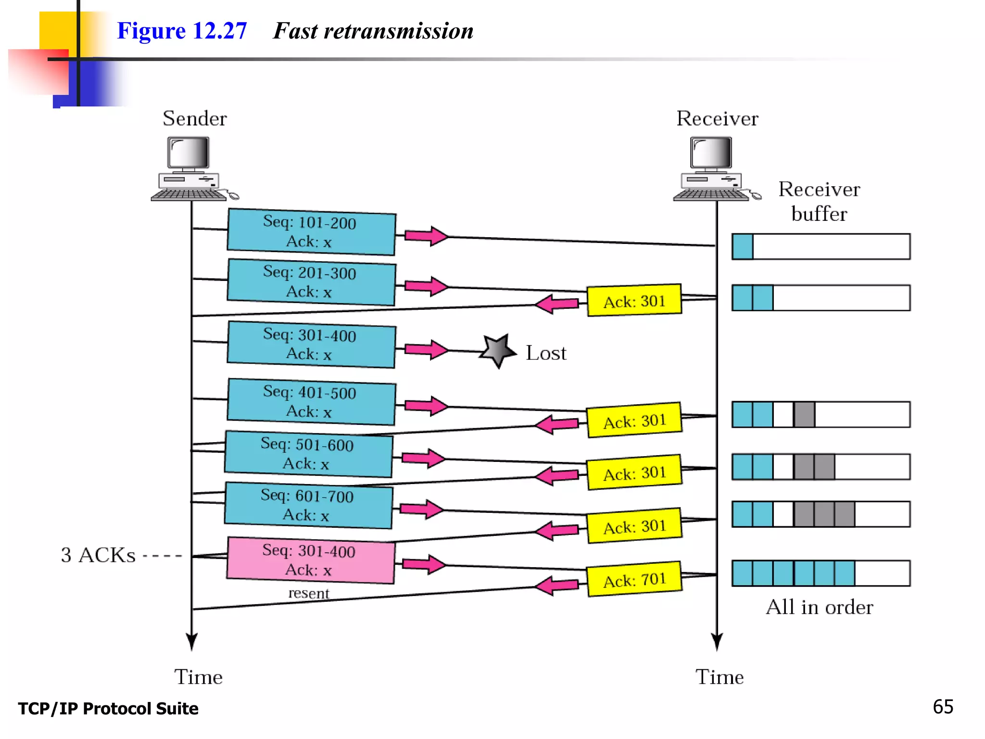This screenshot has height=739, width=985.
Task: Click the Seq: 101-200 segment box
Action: [311, 232]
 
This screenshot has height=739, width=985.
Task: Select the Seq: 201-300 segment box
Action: [311, 282]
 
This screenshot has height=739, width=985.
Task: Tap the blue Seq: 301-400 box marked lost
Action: [311, 344]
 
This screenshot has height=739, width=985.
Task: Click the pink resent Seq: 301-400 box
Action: [310, 560]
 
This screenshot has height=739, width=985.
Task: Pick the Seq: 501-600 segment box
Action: [308, 454]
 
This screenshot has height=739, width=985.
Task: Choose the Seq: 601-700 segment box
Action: [308, 505]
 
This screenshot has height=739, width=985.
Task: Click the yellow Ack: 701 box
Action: [634, 579]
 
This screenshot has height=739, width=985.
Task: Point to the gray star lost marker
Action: [498, 350]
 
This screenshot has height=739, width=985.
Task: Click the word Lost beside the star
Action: [546, 353]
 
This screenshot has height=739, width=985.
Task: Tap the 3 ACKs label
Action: [98, 555]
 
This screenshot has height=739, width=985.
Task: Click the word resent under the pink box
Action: [309, 593]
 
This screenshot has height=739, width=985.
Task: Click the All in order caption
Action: [819, 607]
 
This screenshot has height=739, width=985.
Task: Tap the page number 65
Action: [943, 707]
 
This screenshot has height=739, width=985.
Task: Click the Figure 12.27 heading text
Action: [182, 31]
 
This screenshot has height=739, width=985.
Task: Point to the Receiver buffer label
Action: [819, 201]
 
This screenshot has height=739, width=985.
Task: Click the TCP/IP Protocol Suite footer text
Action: [108, 709]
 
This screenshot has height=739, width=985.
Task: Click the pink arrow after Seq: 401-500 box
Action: [426, 406]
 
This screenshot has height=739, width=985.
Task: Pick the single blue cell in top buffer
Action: [743, 247]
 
